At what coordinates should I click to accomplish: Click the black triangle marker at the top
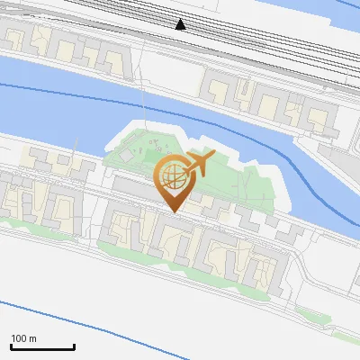pos(181,24)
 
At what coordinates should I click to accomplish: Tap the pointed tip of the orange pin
pos(173,211)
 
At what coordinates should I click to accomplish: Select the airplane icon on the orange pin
pos(198,165)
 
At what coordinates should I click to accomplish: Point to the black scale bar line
pos(42,347)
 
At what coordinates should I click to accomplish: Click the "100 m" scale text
pos(24,338)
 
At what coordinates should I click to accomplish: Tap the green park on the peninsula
pos(238,175)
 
